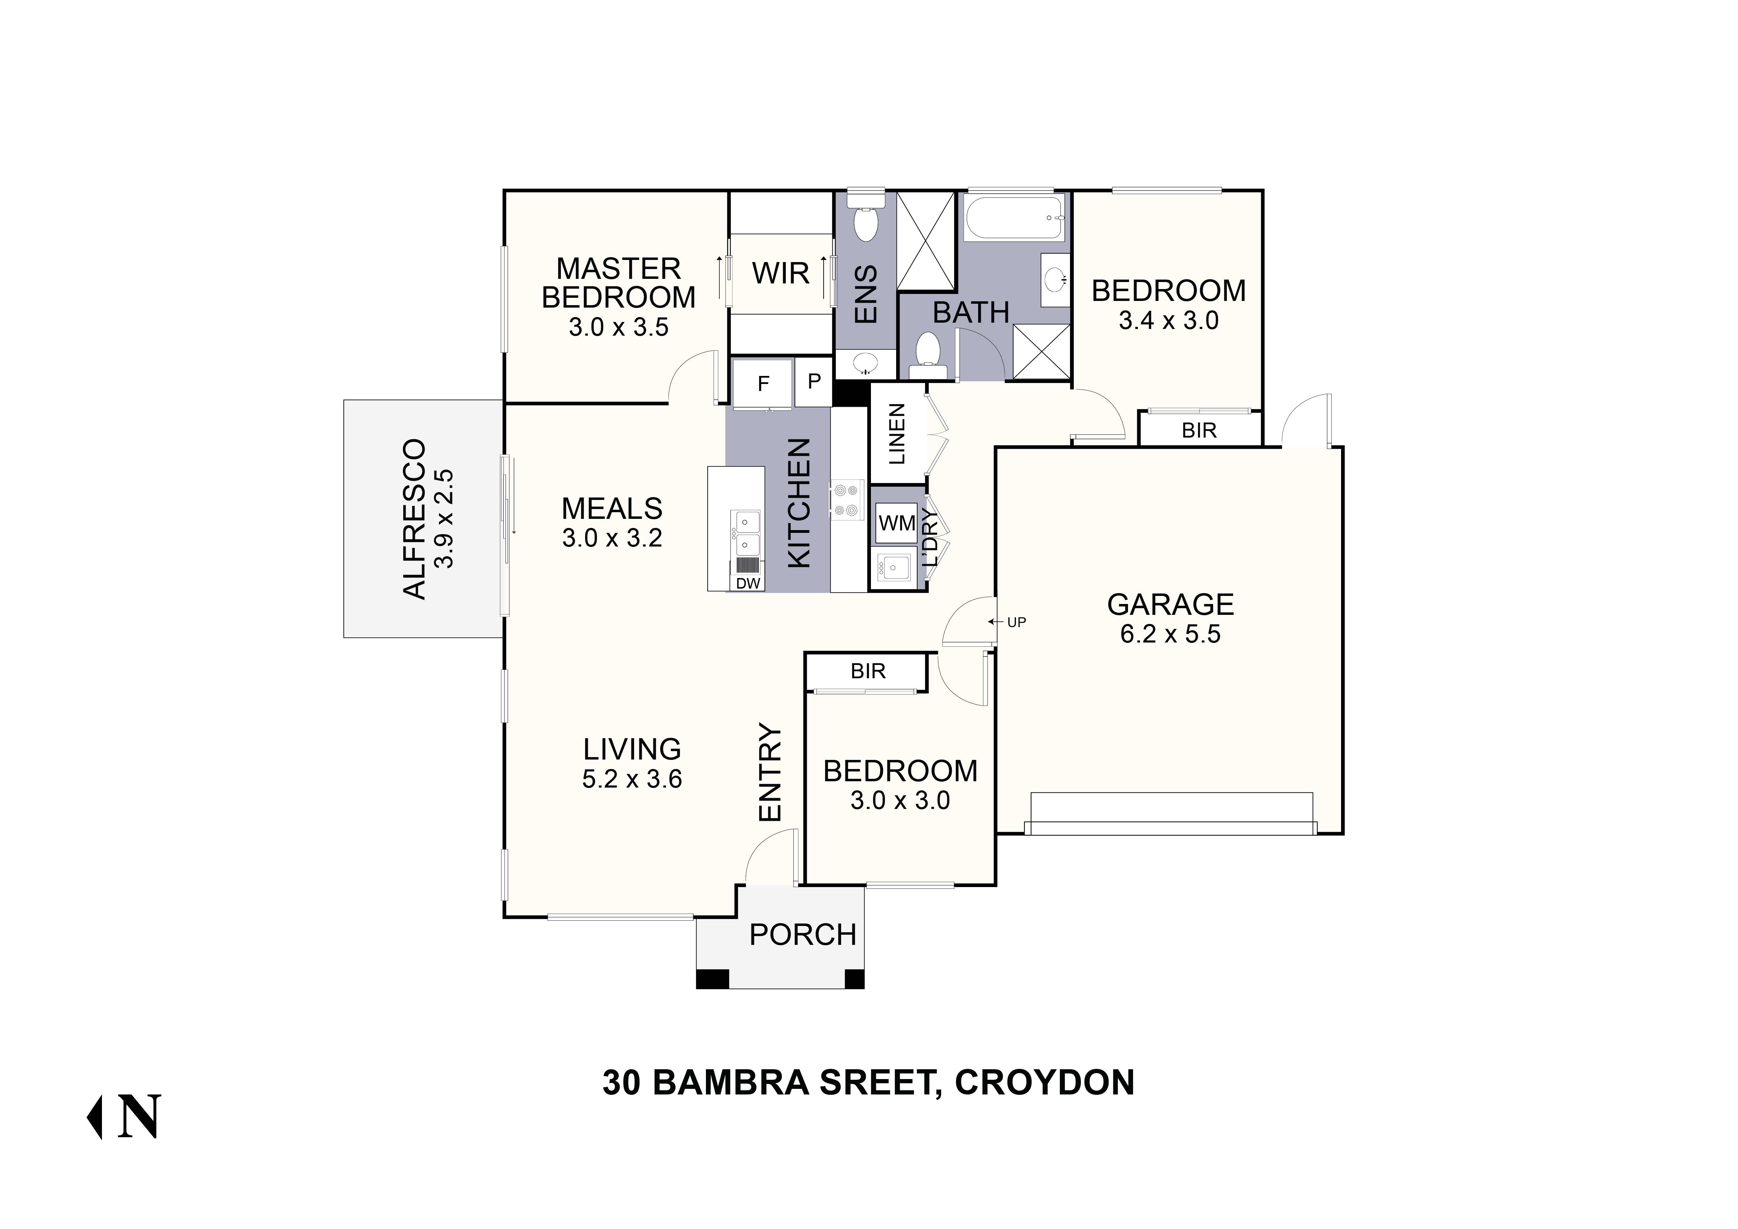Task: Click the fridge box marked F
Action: (763, 384)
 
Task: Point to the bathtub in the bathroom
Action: (1014, 217)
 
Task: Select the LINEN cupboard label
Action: (897, 434)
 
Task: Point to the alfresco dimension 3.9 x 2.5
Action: (444, 519)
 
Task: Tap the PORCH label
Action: (802, 935)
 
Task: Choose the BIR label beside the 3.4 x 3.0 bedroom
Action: (1199, 431)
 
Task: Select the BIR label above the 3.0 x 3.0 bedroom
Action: (867, 671)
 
